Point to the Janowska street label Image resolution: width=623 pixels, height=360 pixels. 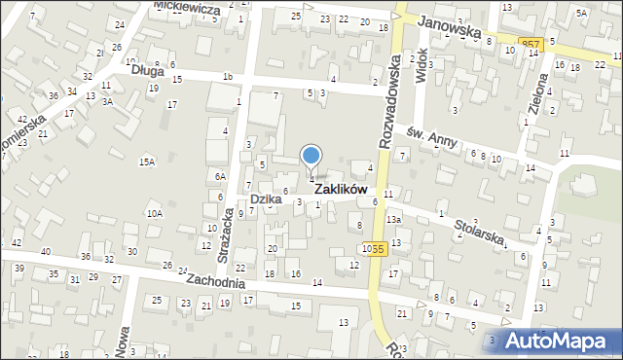(x=449, y=28)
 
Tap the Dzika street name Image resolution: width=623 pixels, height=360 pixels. (x=265, y=198)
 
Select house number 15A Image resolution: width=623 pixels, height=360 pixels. (x=147, y=162)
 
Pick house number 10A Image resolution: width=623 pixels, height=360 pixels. (x=154, y=212)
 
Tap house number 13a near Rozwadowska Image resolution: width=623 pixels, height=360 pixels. (x=393, y=220)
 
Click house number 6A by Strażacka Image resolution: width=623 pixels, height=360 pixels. (x=221, y=176)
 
